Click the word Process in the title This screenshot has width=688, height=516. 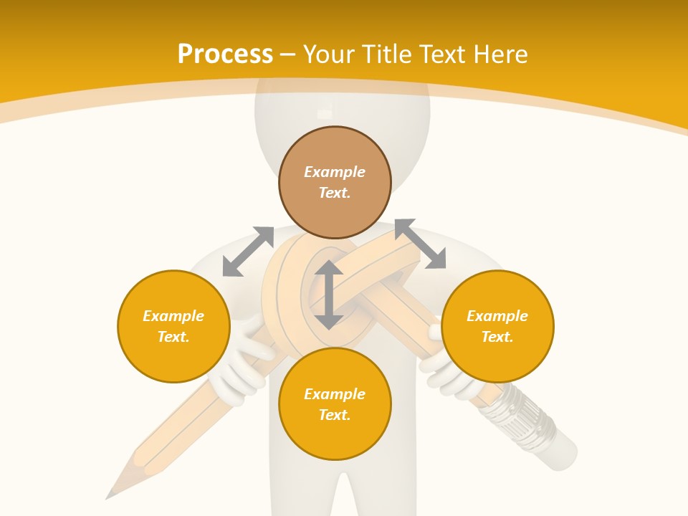tap(225, 54)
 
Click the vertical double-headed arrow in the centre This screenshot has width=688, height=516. tap(329, 295)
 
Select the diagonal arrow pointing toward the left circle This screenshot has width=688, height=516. tap(248, 252)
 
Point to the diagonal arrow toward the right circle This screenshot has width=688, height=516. tap(420, 244)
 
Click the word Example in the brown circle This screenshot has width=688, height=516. tap(335, 172)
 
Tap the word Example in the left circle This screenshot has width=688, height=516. tap(173, 316)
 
